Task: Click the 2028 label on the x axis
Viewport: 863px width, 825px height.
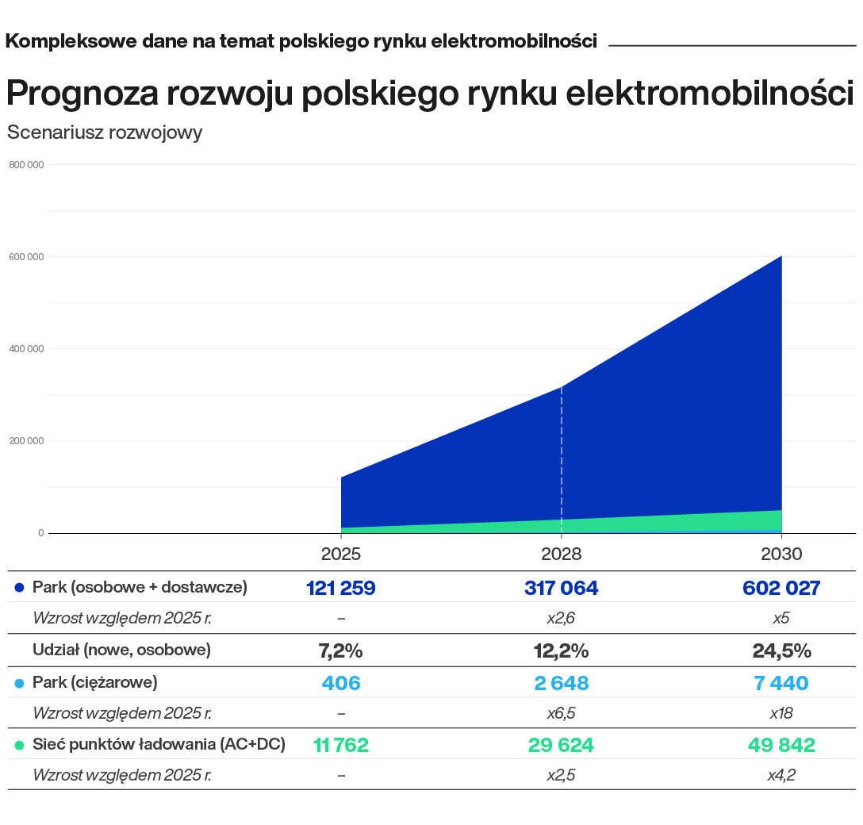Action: pyautogui.click(x=561, y=554)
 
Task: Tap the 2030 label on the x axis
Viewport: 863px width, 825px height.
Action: pyautogui.click(x=781, y=554)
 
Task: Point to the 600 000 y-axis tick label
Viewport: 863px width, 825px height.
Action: pyautogui.click(x=27, y=256)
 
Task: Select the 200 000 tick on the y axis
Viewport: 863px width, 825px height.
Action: pyautogui.click(x=27, y=441)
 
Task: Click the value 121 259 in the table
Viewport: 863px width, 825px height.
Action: pyautogui.click(x=340, y=588)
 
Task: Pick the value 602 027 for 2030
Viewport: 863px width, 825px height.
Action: pyautogui.click(x=781, y=588)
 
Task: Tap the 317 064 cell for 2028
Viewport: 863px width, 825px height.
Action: pyautogui.click(x=561, y=588)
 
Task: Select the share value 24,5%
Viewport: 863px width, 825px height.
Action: pyautogui.click(x=781, y=651)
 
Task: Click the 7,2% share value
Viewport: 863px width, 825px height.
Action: pyautogui.click(x=340, y=651)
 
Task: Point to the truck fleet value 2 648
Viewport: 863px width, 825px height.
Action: pyautogui.click(x=561, y=683)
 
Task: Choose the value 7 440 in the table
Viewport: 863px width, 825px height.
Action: pyautogui.click(x=781, y=683)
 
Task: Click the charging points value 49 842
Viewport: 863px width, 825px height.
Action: pyautogui.click(x=781, y=745)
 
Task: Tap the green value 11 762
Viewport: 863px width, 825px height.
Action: pyautogui.click(x=340, y=745)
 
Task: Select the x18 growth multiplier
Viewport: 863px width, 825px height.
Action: pyautogui.click(x=781, y=713)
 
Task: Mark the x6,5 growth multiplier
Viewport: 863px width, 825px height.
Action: pyautogui.click(x=561, y=713)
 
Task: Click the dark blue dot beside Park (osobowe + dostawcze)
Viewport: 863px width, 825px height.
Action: pyautogui.click(x=20, y=588)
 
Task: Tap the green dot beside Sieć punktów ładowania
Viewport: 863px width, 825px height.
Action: pyautogui.click(x=20, y=745)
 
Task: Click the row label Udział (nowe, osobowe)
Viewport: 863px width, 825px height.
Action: pyautogui.click(x=121, y=650)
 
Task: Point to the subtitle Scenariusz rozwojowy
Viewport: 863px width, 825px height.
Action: pyautogui.click(x=105, y=132)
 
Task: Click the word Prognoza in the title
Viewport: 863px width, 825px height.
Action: pyautogui.click(x=81, y=94)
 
